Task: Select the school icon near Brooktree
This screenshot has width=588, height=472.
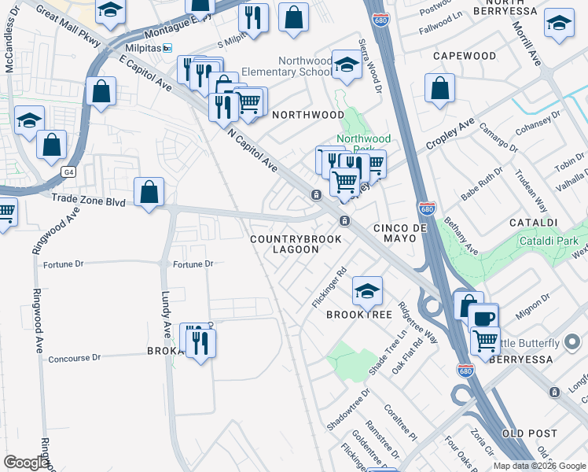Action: [367, 291]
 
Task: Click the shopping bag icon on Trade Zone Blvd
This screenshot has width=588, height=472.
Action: [149, 193]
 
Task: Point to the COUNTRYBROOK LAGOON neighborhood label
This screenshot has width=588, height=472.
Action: [296, 244]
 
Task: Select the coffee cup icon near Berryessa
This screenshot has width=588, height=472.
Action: [483, 319]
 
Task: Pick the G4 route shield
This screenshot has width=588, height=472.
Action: [69, 170]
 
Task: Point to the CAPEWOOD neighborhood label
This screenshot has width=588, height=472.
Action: [464, 57]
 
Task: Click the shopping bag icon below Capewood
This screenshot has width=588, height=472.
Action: [439, 90]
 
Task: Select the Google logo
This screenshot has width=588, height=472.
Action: [26, 463]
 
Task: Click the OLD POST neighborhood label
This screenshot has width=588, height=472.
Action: [529, 433]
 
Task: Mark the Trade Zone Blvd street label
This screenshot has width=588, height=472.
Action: [89, 202]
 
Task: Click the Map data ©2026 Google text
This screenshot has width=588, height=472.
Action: [538, 466]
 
